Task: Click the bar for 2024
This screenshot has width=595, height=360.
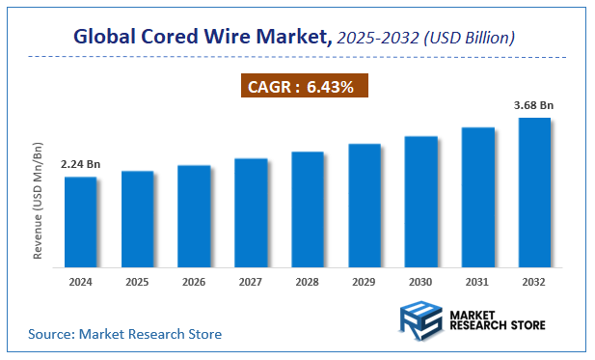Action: tap(80, 221)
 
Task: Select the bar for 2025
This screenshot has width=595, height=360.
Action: tap(137, 218)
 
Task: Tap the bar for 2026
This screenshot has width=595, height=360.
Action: tap(194, 215)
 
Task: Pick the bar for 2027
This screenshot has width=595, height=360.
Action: tap(251, 211)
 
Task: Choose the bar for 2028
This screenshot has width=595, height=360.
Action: tap(308, 208)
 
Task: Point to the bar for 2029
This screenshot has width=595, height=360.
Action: tap(365, 205)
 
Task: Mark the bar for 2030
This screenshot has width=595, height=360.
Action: tap(421, 201)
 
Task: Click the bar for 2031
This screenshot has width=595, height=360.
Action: tap(478, 196)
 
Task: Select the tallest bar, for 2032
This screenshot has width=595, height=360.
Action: tap(535, 192)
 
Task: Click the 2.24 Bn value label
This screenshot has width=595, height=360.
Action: tap(80, 164)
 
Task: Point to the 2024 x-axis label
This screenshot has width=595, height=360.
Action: tap(80, 283)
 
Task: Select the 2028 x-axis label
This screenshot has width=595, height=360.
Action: tap(308, 283)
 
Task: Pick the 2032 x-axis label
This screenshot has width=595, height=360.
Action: tap(535, 283)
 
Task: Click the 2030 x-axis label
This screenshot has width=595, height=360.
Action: tap(421, 283)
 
